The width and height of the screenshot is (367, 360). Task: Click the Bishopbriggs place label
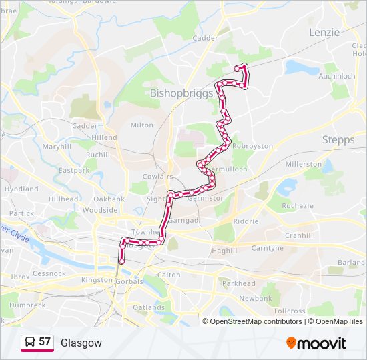tap(182, 93)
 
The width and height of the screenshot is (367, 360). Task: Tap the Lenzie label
tap(324, 32)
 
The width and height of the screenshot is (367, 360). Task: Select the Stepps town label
tap(338, 139)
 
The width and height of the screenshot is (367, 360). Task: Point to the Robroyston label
tap(253, 145)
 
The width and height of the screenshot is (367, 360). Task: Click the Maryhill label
tap(57, 146)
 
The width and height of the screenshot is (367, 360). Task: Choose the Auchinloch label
tap(336, 76)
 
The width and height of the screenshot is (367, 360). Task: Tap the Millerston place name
tap(303, 163)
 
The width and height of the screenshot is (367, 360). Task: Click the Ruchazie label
tap(297, 207)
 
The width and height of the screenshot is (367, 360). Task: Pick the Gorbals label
tap(129, 281)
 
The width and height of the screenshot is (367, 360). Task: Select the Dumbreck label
tap(27, 305)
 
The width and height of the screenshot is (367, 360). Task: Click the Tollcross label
tap(289, 311)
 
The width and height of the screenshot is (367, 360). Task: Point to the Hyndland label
tap(21, 189)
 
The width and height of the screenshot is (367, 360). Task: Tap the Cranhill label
tap(298, 235)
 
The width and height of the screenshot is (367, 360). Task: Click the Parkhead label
tap(238, 283)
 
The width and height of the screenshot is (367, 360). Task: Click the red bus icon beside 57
tap(29, 343)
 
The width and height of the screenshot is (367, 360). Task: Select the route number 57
tap(45, 342)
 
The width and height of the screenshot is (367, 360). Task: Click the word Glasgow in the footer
tap(81, 343)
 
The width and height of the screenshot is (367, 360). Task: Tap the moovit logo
tap(316, 343)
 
